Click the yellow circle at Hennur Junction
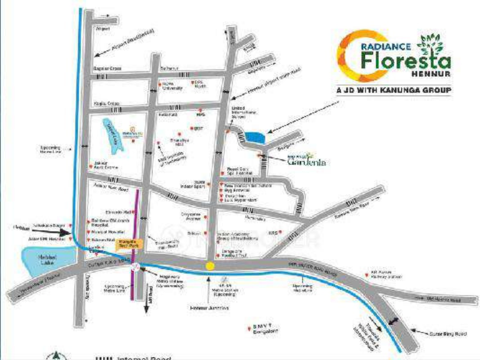pyautogui.click(x=211, y=266)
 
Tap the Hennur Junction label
pyautogui.click(x=210, y=308)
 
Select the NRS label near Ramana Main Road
pyautogui.click(x=289, y=233)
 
